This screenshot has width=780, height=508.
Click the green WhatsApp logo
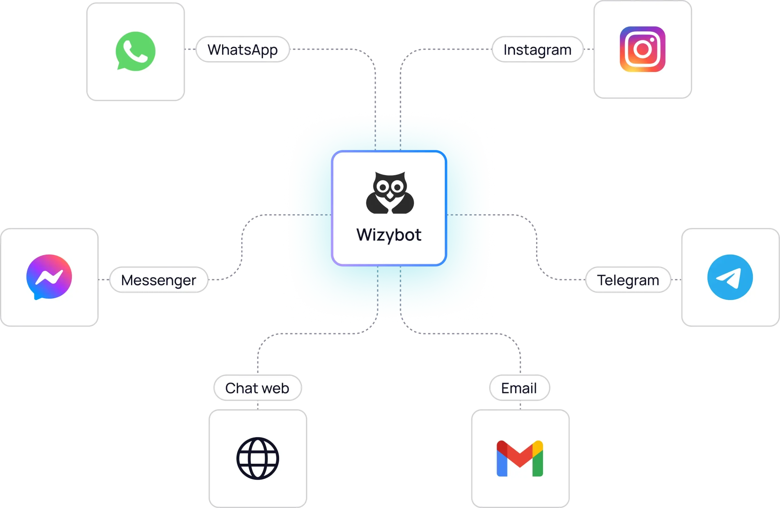click(x=135, y=51)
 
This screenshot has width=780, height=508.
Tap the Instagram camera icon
click(x=642, y=49)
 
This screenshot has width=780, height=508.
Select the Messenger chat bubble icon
click(x=49, y=277)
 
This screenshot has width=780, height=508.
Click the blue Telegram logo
click(x=730, y=277)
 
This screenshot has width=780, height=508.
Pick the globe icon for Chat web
click(x=257, y=458)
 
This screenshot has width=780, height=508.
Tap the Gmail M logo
click(x=520, y=458)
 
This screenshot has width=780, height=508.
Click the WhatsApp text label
click(x=243, y=49)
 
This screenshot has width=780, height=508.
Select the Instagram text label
click(x=537, y=49)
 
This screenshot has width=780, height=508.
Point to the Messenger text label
click(x=159, y=280)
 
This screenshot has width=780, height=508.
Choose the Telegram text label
click(x=628, y=280)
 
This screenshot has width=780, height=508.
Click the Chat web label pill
click(x=257, y=388)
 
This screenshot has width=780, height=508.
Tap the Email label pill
click(x=519, y=388)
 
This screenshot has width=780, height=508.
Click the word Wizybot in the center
click(x=389, y=235)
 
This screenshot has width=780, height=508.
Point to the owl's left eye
click(x=382, y=187)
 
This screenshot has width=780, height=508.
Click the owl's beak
click(x=390, y=197)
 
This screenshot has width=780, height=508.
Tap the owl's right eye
click(x=398, y=187)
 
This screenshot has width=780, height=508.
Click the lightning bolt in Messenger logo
click(x=49, y=277)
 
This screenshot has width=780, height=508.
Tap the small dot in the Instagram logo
click(x=652, y=40)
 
